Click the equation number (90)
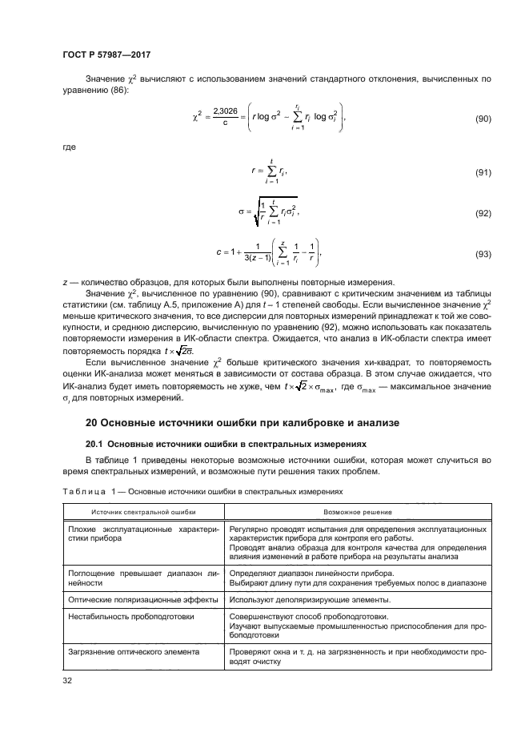(x=483, y=119)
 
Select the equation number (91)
(x=483, y=172)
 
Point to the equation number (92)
(x=483, y=214)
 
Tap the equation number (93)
(x=483, y=255)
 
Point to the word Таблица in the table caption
(x=82, y=491)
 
